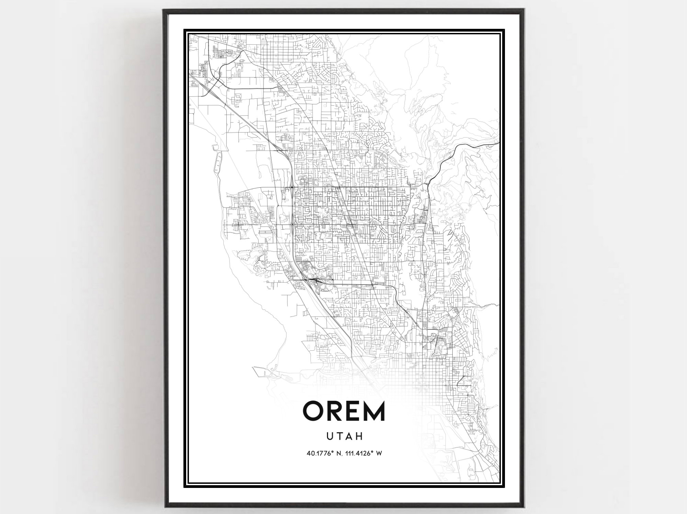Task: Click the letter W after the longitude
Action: (x=379, y=453)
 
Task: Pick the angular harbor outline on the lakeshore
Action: (x=263, y=372)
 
